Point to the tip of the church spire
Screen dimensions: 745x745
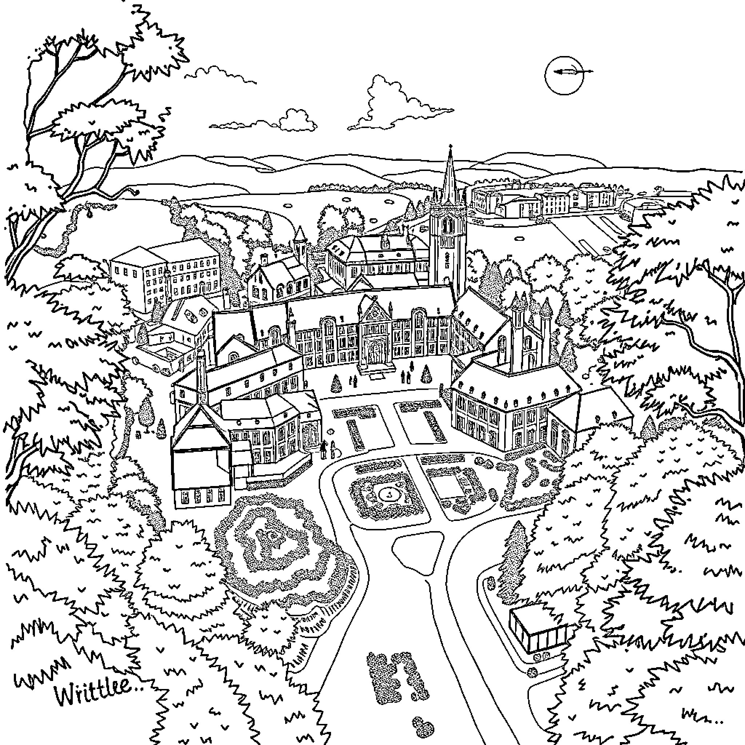[450, 147]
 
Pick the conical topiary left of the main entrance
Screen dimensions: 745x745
[336, 383]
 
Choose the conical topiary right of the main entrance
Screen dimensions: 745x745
[426, 374]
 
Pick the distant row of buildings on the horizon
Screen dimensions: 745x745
[547, 200]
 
